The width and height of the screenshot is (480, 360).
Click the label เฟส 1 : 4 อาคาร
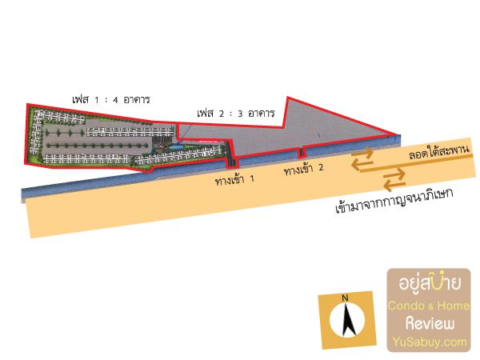[111, 100]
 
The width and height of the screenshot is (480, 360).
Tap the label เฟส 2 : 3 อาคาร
[236, 114]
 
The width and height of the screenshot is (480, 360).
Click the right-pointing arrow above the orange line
[363, 152]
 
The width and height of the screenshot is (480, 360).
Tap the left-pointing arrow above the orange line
[363, 164]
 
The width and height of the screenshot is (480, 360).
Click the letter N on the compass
[346, 298]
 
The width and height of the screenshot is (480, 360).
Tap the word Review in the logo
[430, 323]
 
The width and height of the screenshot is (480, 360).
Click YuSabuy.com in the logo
[430, 342]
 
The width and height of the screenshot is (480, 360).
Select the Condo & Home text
[430, 306]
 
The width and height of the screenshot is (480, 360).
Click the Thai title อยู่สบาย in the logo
[430, 284]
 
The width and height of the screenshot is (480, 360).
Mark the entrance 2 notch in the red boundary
[301, 153]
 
